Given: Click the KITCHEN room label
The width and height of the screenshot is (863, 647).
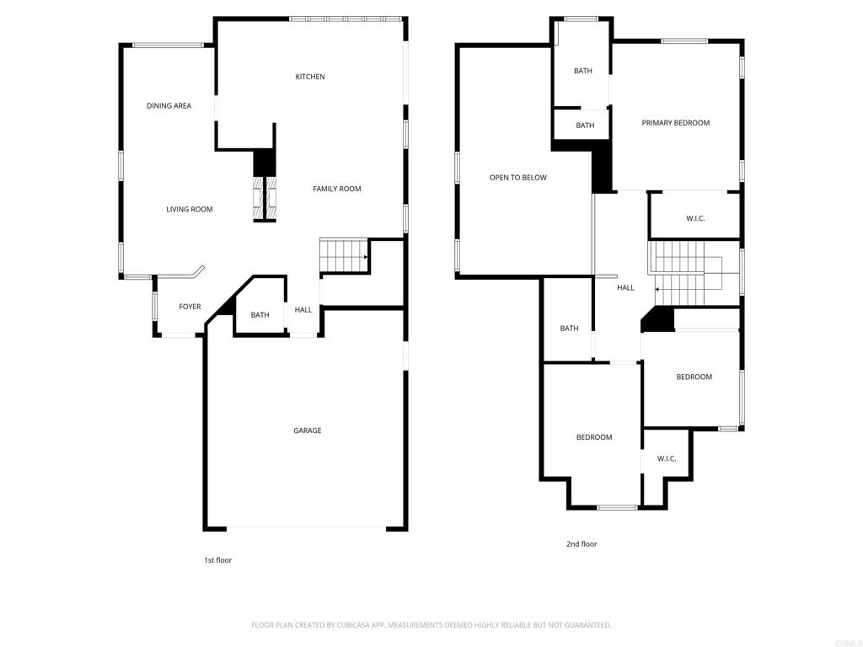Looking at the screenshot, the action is pos(310,77).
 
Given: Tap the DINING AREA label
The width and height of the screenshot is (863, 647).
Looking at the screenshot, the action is pos(169,105).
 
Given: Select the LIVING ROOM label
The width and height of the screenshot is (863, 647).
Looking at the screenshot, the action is pos(190,209).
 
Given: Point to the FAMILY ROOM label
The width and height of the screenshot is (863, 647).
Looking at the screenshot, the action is pos(337,189).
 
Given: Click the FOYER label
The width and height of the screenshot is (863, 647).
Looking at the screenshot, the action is pos(190,307).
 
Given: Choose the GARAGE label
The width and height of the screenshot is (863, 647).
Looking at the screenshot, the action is pos(307,430).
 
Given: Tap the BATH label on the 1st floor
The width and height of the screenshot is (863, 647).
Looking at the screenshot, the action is pos(260,315).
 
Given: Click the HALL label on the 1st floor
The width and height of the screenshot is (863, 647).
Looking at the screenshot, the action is pos(303,310).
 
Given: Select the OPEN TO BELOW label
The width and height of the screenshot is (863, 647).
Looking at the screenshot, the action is pos(518,177).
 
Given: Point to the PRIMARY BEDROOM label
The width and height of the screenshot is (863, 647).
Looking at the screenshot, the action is pos(676,123).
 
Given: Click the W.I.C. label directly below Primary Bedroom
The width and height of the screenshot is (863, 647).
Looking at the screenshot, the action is pos(695,218).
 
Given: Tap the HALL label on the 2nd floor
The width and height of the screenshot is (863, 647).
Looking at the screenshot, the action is pos(625,287).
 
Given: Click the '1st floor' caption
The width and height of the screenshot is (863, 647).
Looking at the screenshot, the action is pos(218,560).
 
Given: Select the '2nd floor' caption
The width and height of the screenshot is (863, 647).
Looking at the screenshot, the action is pos(582,543).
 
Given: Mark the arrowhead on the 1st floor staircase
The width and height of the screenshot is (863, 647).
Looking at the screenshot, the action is pos(366,257).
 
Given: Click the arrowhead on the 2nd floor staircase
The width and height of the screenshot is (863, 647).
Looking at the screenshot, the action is pos(657,289).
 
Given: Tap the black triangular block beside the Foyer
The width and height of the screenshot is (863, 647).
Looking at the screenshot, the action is pos(226,307).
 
